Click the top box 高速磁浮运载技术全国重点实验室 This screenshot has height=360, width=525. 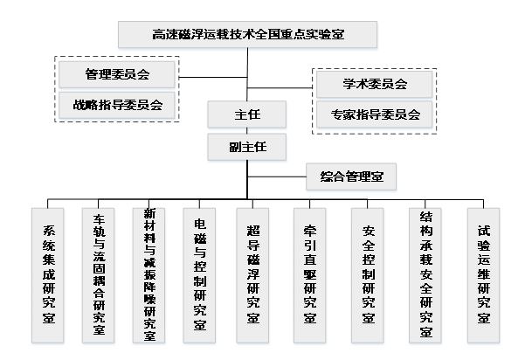click(248, 36)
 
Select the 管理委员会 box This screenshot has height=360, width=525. click(117, 74)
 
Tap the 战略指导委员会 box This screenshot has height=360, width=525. click(117, 105)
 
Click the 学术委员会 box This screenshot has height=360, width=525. click(375, 85)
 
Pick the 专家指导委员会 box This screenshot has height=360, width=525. click(375, 114)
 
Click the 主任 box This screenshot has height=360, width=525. click(247, 114)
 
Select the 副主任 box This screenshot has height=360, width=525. click(247, 147)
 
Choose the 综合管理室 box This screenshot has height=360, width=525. click(351, 178)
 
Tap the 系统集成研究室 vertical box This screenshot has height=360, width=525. click(49, 275)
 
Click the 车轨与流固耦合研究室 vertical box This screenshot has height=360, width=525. click(99, 275)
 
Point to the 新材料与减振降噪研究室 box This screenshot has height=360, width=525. click(149, 275)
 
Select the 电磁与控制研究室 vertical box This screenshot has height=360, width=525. click(200, 275)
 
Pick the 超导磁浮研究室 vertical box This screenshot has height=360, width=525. click(253, 275)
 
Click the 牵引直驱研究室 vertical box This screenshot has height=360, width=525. click(310, 275)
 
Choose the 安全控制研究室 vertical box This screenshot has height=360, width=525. click(368, 275)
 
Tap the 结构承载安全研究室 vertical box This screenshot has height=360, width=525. click(426, 275)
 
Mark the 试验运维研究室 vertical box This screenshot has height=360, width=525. click(484, 275)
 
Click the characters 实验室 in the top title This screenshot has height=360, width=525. click(325, 36)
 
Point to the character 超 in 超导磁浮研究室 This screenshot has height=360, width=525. click(253, 231)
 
